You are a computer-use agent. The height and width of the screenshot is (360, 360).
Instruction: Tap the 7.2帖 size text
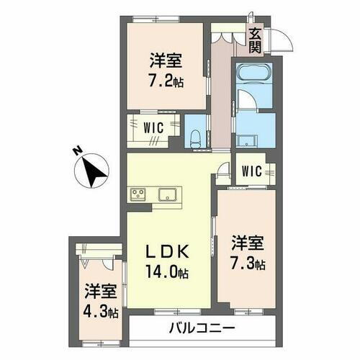(x=167, y=81)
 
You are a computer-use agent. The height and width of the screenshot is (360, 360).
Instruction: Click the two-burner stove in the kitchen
(x=138, y=193)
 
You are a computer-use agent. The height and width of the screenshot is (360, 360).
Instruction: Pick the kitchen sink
(x=170, y=193)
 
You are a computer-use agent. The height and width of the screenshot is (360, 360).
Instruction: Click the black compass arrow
(x=93, y=172)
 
